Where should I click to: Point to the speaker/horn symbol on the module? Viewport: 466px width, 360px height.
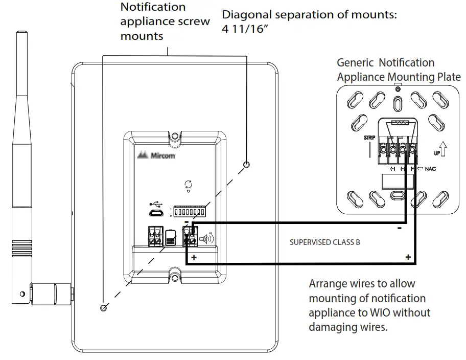206,239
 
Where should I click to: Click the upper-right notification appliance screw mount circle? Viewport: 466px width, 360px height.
247,165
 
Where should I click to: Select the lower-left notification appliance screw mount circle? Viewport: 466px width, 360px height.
104,307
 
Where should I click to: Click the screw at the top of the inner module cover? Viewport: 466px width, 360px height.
175,137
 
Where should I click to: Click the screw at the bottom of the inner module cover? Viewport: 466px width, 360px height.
175,279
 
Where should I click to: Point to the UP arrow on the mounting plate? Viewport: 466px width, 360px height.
442,149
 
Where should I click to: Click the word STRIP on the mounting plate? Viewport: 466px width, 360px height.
369,137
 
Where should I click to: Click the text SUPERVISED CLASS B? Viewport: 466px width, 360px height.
324,242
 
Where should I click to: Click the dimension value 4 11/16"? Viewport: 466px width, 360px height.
245,29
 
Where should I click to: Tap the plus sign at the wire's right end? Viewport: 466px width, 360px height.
408,257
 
